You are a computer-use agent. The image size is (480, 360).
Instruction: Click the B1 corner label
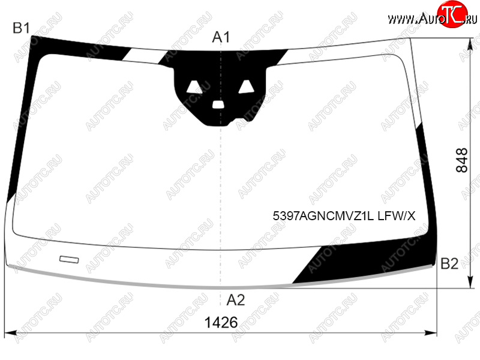[22, 28]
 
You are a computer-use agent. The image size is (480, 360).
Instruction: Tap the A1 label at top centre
[221, 37]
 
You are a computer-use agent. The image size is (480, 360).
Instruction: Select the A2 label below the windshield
[236, 300]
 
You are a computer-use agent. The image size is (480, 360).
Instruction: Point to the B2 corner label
[449, 263]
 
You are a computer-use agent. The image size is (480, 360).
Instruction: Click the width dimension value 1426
[221, 322]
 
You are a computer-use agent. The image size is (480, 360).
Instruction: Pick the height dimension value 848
[462, 160]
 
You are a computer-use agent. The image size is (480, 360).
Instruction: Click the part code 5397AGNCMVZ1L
[323, 216]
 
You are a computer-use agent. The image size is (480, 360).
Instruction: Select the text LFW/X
[397, 216]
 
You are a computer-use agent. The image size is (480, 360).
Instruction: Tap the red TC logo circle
[452, 14]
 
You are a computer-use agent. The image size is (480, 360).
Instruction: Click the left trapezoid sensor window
[194, 87]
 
